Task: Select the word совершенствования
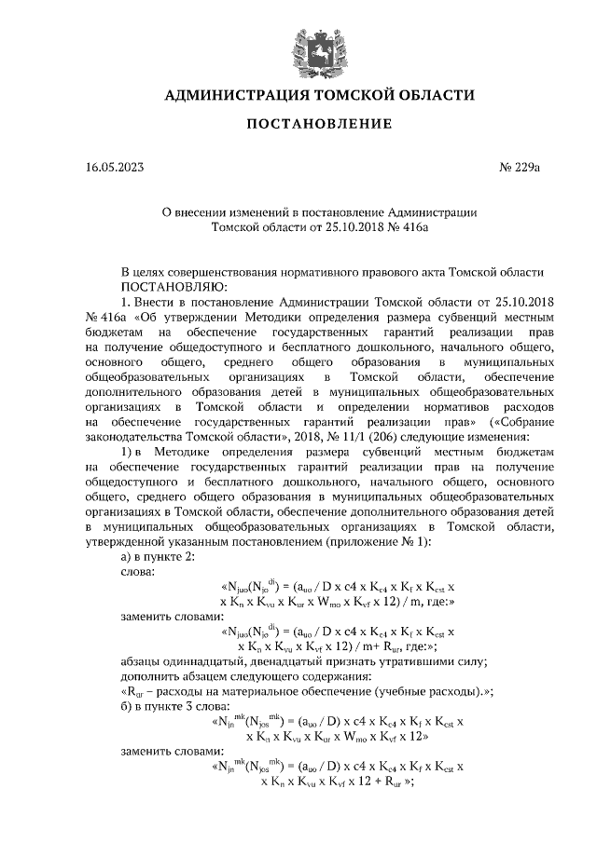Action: [x=234, y=272]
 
